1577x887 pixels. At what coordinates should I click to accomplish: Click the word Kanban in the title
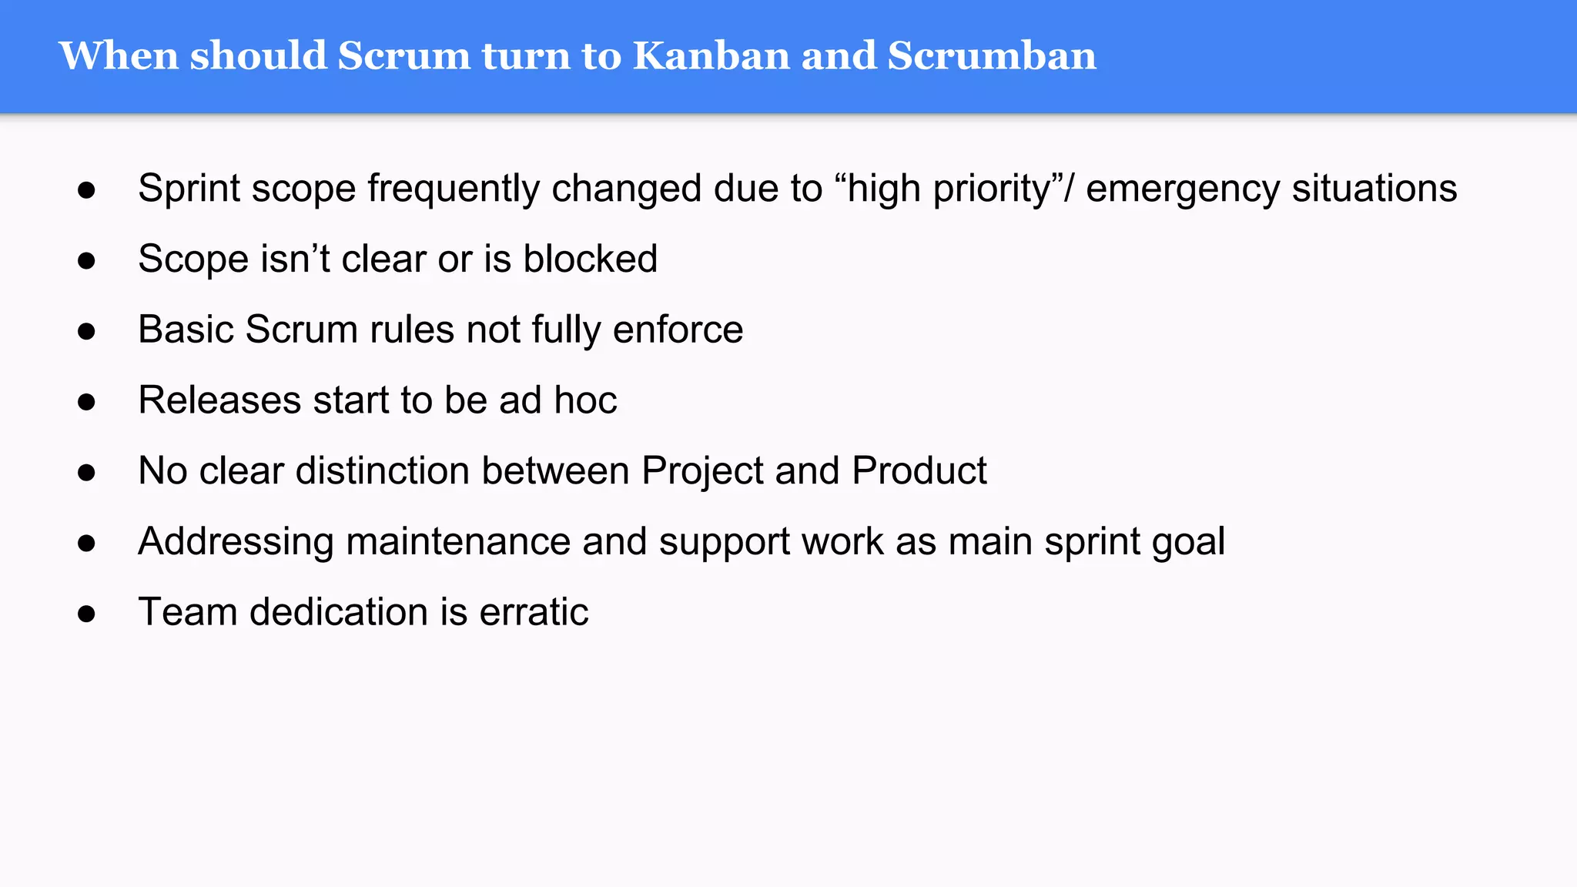click(711, 56)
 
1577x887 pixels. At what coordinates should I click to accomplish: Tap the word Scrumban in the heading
click(992, 56)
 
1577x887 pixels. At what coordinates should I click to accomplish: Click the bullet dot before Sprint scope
click(86, 190)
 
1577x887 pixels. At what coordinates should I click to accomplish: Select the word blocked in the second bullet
click(590, 259)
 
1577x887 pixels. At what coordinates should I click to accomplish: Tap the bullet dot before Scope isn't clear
click(86, 261)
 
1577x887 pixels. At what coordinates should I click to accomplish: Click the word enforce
click(678, 330)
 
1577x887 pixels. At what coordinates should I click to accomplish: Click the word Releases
click(219, 400)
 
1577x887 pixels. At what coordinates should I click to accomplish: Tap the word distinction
click(383, 470)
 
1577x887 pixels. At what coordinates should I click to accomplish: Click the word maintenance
click(458, 541)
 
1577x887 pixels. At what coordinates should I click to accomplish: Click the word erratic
click(534, 612)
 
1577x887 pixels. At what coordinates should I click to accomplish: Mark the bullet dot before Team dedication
click(86, 614)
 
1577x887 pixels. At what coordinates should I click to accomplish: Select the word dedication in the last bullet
click(339, 612)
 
